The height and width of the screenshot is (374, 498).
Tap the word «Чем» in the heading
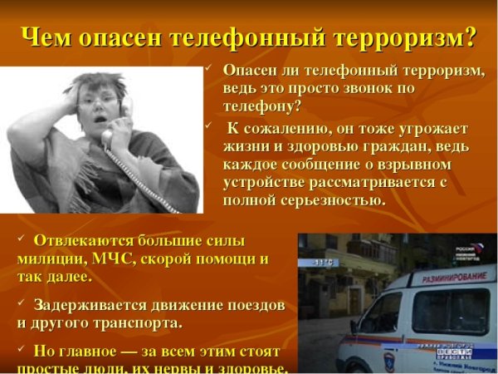click(48, 37)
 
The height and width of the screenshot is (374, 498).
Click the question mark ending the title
click(471, 37)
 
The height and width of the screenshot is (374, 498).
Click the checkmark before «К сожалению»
click(210, 126)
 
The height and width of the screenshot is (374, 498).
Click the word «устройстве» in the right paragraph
click(265, 182)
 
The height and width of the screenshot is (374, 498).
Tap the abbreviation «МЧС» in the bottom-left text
click(116, 258)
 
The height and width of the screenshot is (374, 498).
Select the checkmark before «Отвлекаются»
click(22, 239)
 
